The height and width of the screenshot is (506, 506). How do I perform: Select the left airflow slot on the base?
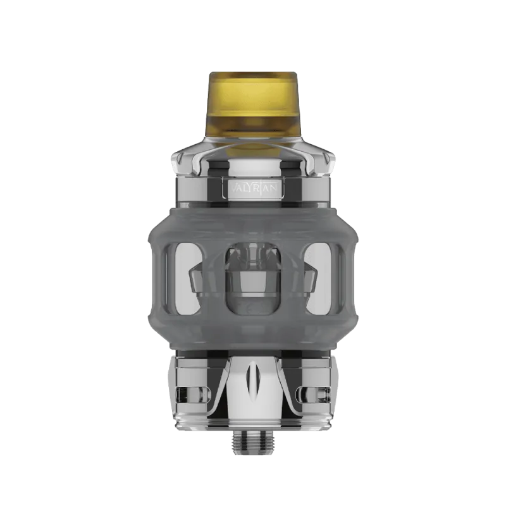[190, 392]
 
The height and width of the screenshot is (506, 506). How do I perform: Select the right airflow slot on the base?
[316, 392]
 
